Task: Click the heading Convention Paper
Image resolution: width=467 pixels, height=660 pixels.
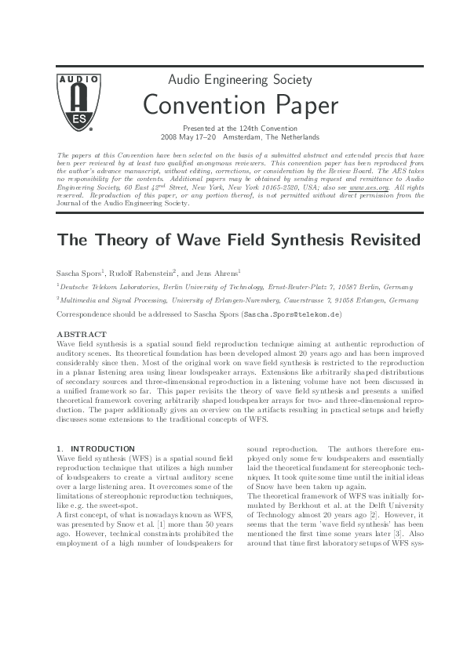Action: [x=240, y=104]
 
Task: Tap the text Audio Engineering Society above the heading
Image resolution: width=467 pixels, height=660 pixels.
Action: [x=240, y=80]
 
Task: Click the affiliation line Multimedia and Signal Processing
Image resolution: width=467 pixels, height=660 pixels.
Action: [x=115, y=299]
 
